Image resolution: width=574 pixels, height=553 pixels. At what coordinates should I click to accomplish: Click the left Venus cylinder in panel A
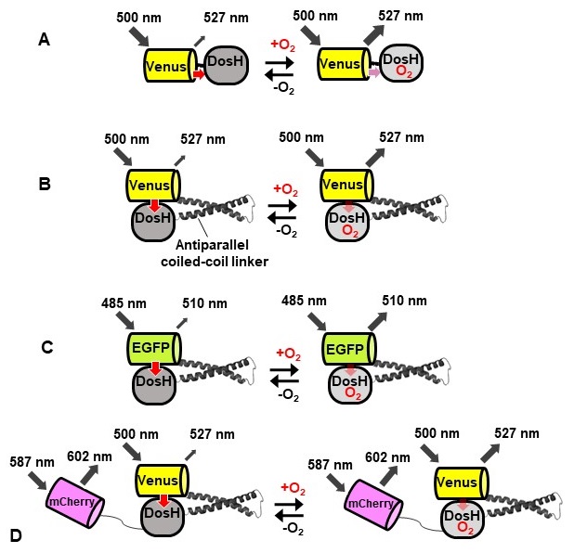click(x=167, y=65)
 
